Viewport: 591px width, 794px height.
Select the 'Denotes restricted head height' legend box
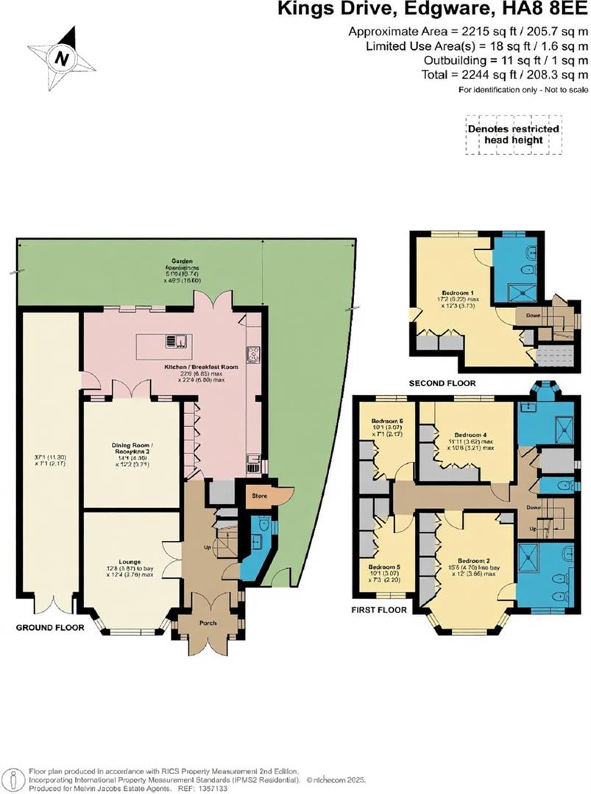[513, 135]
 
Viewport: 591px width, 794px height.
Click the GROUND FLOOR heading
[50, 628]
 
